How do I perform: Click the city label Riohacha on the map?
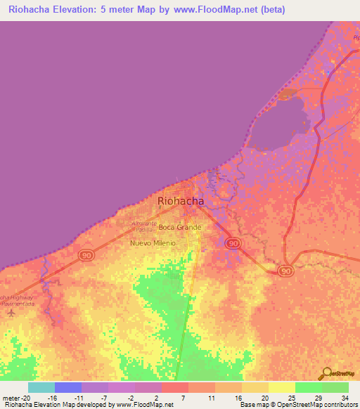pos(181,200)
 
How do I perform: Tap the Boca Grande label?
pos(180,227)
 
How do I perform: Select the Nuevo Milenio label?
pos(153,243)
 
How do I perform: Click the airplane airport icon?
pos(10,312)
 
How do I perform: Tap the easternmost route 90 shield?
pos(285,271)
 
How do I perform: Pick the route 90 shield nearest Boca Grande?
pos(233,242)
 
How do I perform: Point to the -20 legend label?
pos(20,398)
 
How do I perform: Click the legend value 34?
pos(344,398)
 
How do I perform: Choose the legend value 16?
pos(240,398)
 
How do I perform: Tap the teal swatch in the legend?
pos(41,387)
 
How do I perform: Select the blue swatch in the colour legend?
pos(67,387)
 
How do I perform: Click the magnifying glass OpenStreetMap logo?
pos(326,373)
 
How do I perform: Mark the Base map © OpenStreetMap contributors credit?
pos(297,405)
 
